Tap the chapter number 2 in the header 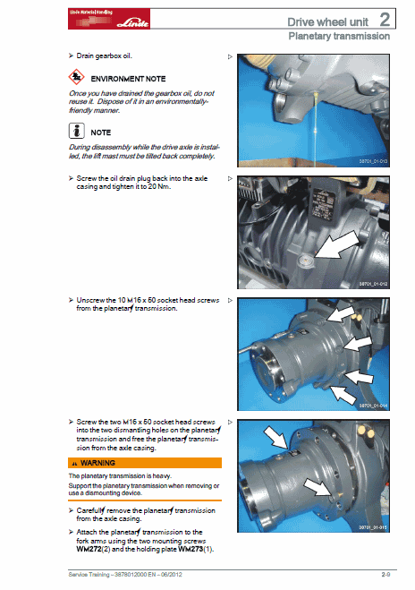384,19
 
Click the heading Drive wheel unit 324,21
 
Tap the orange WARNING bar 144,462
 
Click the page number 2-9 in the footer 387,572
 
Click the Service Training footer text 126,572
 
